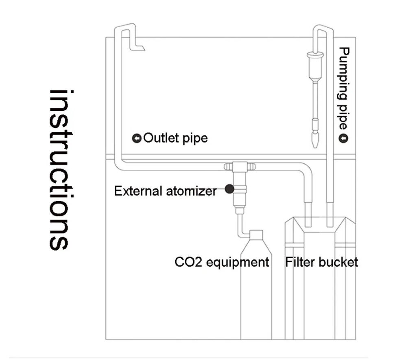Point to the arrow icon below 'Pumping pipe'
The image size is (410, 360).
344,139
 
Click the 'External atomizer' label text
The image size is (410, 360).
165,191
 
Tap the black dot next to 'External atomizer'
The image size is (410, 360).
229,188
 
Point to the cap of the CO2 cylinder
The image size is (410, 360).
256,235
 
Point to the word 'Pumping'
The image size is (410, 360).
344,73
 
